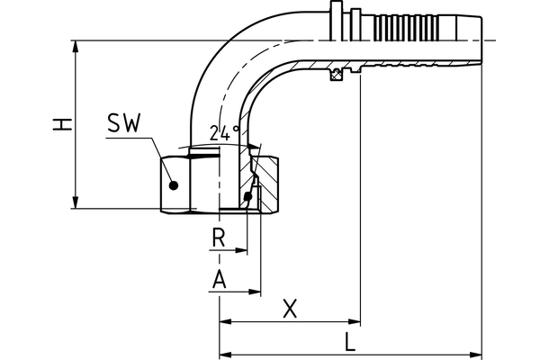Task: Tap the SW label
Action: click(x=123, y=125)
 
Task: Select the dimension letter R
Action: click(x=217, y=238)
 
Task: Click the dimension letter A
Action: click(x=217, y=280)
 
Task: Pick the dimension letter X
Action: click(x=289, y=309)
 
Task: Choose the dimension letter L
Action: click(x=349, y=342)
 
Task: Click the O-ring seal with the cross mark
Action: click(x=338, y=72)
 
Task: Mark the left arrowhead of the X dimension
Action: click(x=225, y=321)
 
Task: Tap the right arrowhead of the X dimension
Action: click(x=355, y=321)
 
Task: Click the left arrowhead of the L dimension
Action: click(x=225, y=353)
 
